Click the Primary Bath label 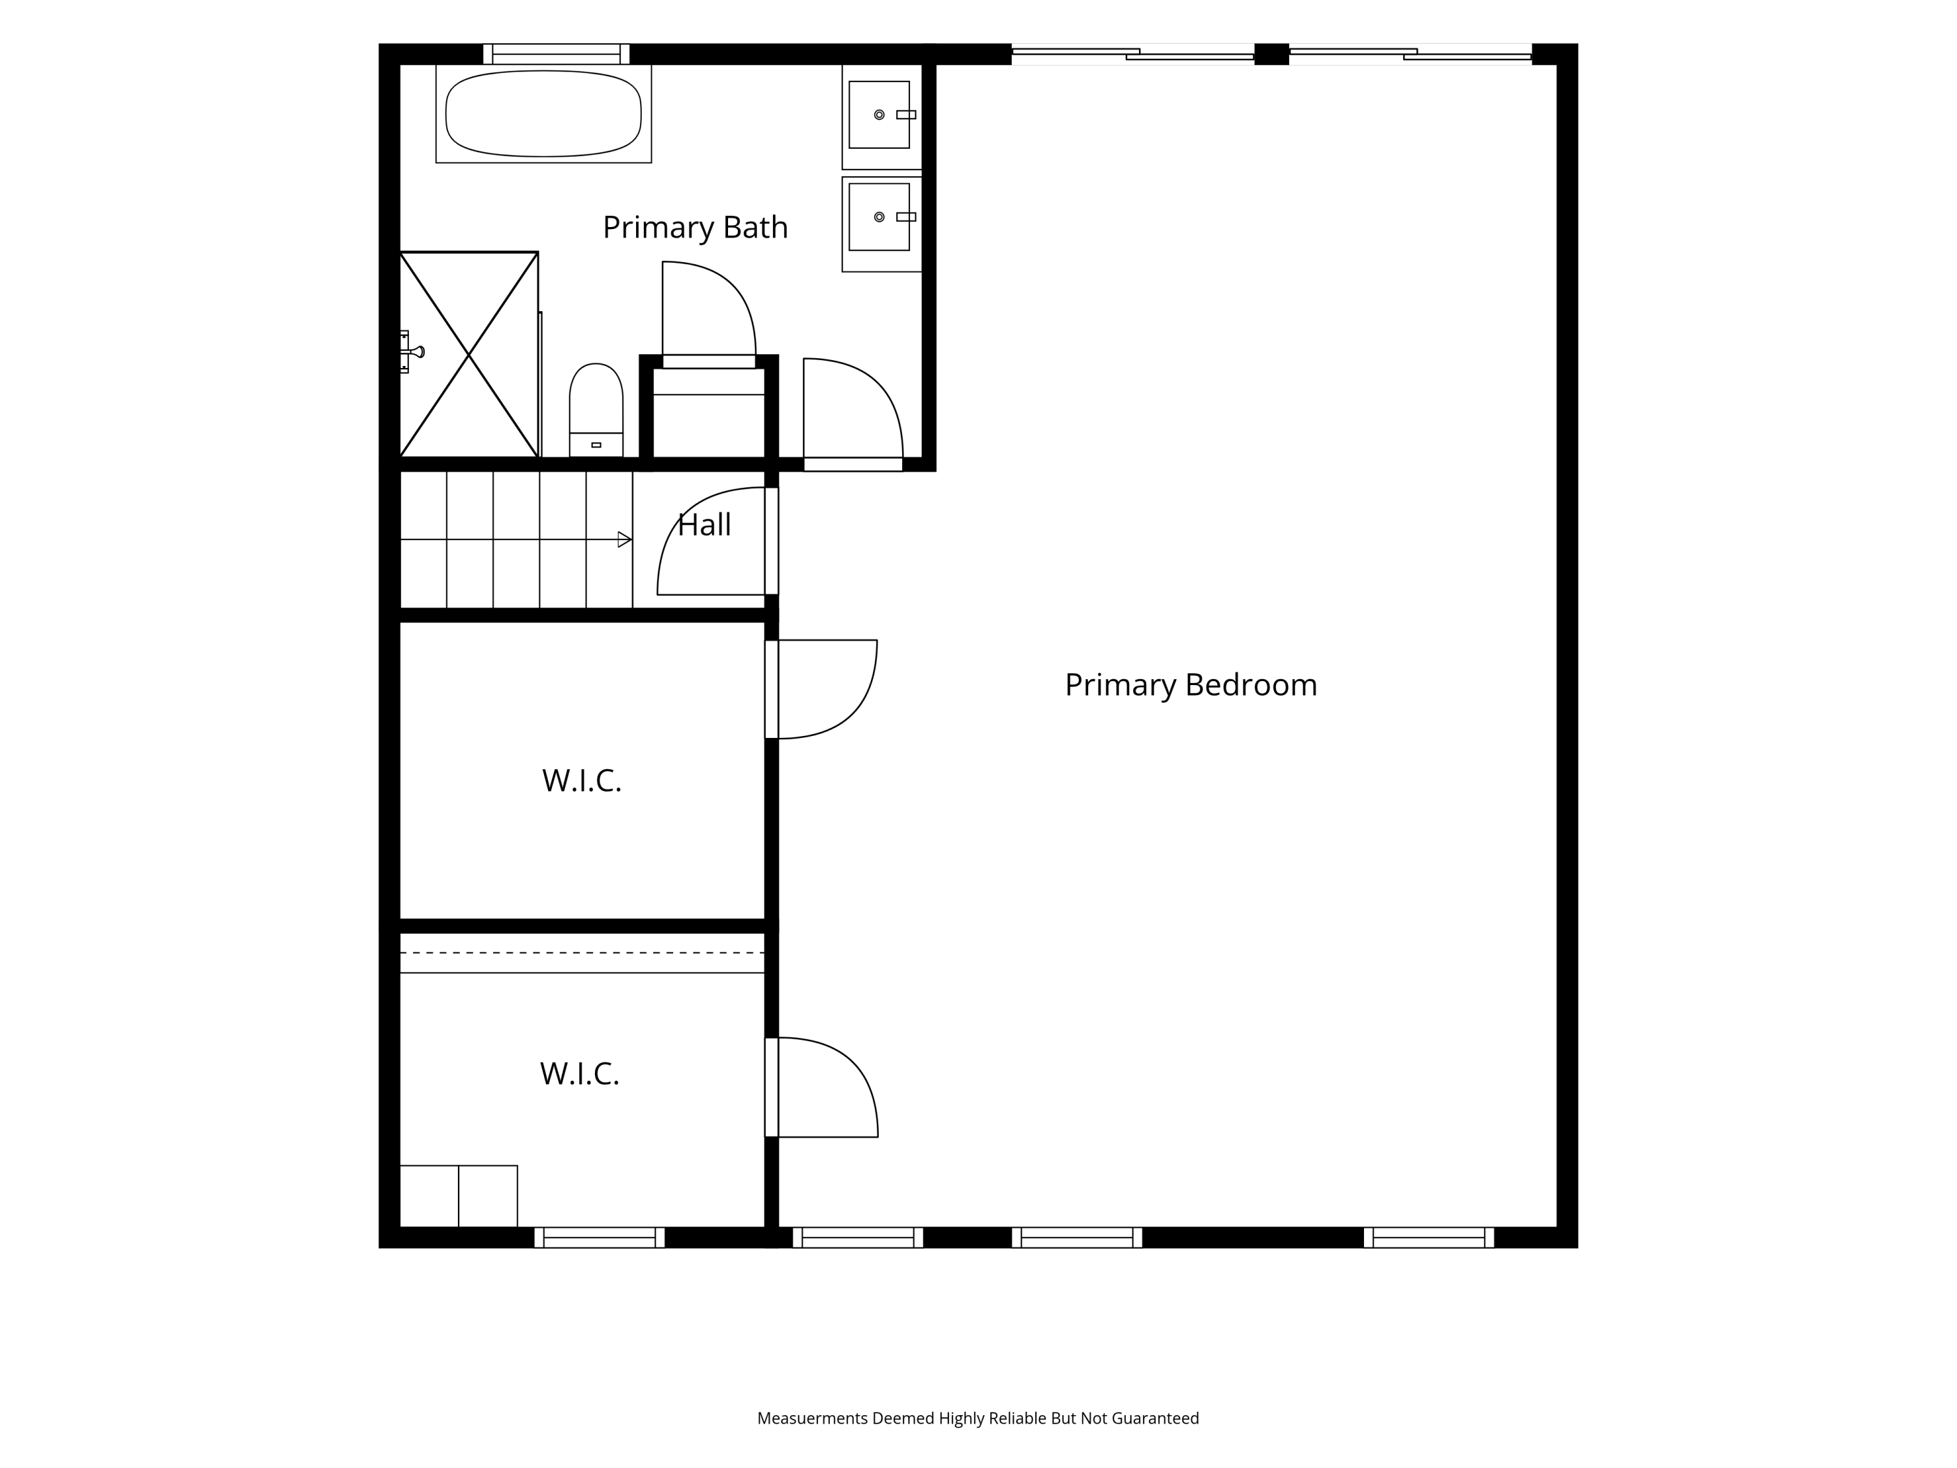click(695, 228)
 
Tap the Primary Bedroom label click(1191, 685)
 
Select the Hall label click(705, 525)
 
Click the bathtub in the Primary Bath click(543, 114)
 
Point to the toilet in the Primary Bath click(596, 410)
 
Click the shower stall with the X click(469, 355)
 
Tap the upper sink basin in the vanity click(879, 115)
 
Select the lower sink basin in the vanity click(879, 217)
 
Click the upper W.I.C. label click(582, 780)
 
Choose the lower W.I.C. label click(579, 1073)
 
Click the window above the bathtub click(556, 54)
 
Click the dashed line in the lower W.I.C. click(582, 953)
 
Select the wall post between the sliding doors click(1271, 54)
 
